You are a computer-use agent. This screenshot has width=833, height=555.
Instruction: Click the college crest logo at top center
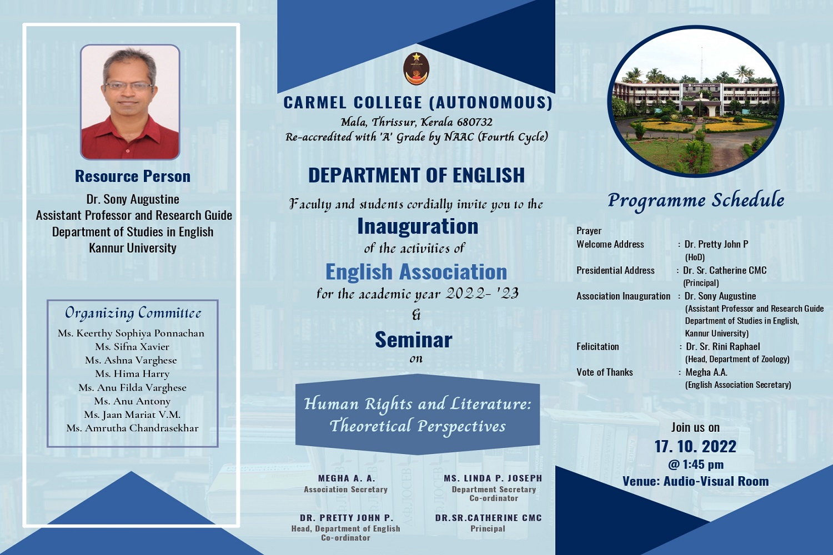416,69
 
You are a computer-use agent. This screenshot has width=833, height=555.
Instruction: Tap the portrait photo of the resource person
130,102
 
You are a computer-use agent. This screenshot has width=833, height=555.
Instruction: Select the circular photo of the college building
696,101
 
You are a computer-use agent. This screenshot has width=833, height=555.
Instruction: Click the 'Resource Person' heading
133,176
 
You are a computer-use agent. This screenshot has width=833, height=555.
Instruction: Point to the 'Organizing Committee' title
133,313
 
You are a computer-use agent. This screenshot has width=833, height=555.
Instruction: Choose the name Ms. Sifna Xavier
132,346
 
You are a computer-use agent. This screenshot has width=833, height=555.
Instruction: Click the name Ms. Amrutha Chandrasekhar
132,428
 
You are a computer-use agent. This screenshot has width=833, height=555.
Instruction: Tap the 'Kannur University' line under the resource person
133,248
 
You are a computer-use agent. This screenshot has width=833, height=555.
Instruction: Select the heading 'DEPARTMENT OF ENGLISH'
416,175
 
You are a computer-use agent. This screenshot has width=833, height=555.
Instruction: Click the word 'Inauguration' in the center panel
418,226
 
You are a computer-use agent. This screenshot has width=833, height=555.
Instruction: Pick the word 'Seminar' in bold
414,340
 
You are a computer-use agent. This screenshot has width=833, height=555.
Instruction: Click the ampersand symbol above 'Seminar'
416,315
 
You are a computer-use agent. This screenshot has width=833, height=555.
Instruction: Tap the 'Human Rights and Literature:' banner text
417,403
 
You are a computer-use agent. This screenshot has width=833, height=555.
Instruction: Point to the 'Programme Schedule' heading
696,201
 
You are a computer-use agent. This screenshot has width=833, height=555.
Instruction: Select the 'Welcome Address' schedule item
610,244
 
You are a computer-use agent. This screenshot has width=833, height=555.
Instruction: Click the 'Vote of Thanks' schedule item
604,372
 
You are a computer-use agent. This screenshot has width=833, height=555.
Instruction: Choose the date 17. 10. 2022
695,446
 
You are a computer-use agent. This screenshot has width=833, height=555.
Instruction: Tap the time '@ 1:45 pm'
695,465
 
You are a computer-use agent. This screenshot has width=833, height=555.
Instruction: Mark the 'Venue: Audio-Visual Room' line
695,481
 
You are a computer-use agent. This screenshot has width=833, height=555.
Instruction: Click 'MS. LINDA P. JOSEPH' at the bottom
493,478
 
